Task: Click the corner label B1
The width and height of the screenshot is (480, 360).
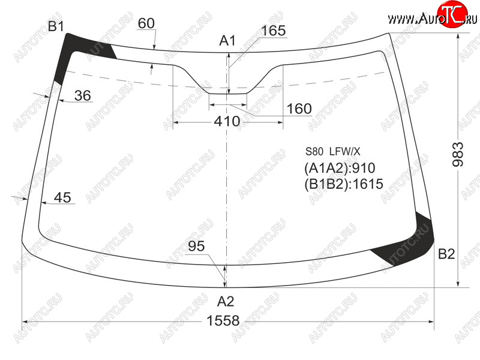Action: coord(56,26)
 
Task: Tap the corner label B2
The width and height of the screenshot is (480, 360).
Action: coord(446,254)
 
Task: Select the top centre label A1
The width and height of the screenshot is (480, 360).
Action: coord(227,40)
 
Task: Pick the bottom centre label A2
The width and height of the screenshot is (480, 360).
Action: coord(226,302)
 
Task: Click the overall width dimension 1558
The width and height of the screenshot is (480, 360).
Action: coord(223,321)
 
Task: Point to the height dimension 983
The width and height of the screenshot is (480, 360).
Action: coord(458,154)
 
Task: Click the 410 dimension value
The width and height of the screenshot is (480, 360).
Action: coord(227,122)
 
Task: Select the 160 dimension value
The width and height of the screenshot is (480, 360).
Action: coord(299,109)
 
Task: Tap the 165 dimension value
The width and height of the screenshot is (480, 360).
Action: coord(274,31)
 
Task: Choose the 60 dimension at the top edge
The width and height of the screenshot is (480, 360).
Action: coord(146,23)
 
